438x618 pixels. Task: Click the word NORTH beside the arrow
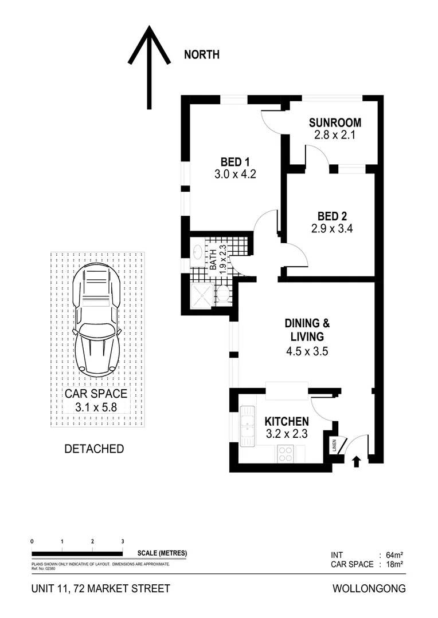pos(201,55)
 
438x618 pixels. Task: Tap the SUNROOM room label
pos(335,122)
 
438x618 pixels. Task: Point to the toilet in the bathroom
pos(223,295)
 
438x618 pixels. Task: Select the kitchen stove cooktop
pos(285,454)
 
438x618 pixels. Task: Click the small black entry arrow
pos(356,461)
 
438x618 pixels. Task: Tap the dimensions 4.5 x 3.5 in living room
pos(307,352)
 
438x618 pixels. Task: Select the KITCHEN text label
pos(287,421)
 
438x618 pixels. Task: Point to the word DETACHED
pos(93,449)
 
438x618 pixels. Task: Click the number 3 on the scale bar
pos(122,541)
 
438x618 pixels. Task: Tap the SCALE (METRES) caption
pos(162,553)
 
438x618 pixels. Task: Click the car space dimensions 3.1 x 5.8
pos(96,407)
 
